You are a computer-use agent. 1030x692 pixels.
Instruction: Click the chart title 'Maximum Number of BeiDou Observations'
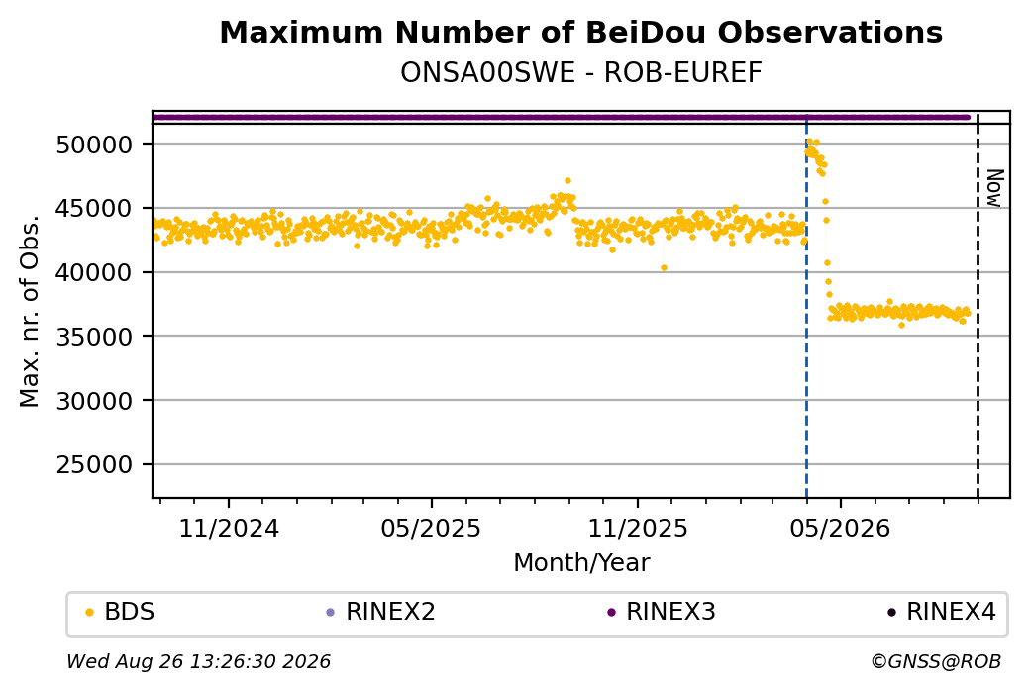coord(580,32)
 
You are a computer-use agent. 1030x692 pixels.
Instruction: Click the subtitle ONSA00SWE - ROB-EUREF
coord(580,73)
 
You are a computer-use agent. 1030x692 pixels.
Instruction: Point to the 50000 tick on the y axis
coord(95,145)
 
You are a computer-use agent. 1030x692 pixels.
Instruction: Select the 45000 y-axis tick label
coord(95,209)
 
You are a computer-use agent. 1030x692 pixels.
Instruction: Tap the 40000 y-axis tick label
coord(95,272)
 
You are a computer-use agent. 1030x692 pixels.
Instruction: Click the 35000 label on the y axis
coord(95,337)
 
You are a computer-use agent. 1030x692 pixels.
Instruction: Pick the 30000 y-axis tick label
coord(95,401)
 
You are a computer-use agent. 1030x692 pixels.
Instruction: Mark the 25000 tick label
coord(95,465)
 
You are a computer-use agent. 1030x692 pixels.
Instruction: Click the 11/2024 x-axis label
coord(229,528)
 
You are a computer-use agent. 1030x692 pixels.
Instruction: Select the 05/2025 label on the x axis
coord(431,528)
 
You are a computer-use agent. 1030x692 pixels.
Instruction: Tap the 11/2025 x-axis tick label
coord(637,528)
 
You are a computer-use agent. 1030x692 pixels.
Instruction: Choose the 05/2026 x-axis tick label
coord(840,528)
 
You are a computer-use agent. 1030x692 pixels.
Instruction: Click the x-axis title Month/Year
coord(581,562)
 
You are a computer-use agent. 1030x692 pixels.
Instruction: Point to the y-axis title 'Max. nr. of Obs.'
coord(30,311)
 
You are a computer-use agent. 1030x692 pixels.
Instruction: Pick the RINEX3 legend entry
coord(662,612)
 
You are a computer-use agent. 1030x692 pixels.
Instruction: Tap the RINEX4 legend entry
coord(942,612)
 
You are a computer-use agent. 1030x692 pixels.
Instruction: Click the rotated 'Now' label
coord(994,188)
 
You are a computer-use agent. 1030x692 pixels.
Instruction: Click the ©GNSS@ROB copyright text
coord(936,661)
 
